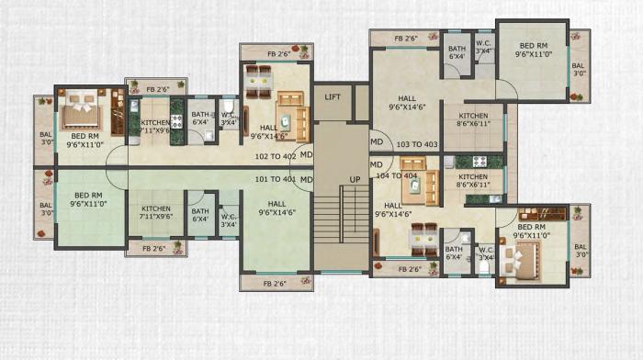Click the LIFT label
[x=333, y=96]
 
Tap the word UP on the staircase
[x=355, y=178]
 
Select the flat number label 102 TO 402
[x=275, y=157]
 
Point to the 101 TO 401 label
[x=275, y=179]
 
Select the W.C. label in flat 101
[x=229, y=220]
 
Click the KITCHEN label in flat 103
[x=473, y=119]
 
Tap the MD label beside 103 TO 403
[x=377, y=142]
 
